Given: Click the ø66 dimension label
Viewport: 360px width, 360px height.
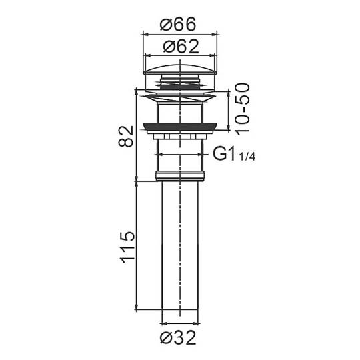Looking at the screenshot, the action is coord(178,24).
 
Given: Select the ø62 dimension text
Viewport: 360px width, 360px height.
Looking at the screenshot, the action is coord(181,47).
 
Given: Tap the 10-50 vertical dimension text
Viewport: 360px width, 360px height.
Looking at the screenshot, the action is coord(243,109).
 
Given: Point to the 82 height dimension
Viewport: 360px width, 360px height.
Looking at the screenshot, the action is coord(126,136).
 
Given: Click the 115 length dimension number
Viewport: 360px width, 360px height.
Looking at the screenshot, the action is coord(127,247).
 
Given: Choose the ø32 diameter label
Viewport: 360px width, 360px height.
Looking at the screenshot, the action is coord(178,337).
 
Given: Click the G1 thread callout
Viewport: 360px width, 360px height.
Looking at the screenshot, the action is coord(224,154).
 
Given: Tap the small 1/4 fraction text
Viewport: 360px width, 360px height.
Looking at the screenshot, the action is coord(247,157).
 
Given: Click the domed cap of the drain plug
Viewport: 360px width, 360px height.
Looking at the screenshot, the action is coord(180,69).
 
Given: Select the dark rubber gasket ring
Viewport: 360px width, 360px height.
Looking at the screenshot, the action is coord(180,127).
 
